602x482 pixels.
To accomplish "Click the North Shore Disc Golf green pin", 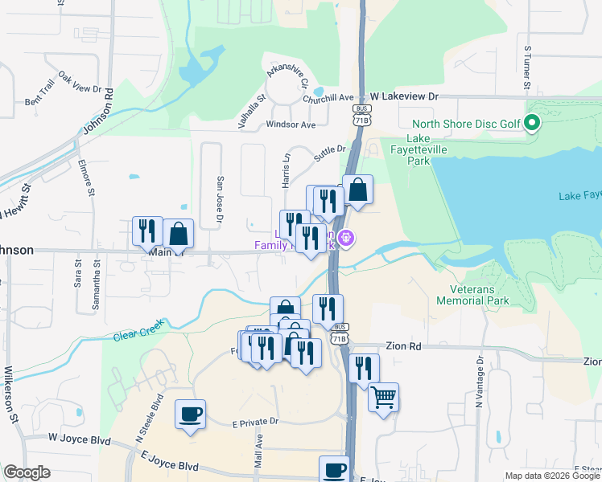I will tap(531, 124).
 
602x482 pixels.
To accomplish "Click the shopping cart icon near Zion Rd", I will tap(384, 396).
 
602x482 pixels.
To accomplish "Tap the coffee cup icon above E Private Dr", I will tap(190, 414).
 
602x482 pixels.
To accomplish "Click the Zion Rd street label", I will tap(404, 346).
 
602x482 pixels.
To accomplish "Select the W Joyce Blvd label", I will tap(79, 439).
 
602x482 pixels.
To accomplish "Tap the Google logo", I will tap(27, 472).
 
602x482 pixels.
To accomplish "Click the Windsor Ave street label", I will tap(291, 125).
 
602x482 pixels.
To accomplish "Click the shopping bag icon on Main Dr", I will tap(179, 234).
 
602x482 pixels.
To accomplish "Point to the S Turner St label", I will tap(528, 67).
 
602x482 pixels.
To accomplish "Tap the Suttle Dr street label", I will tap(329, 149).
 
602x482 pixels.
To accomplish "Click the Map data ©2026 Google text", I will tap(551, 476).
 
